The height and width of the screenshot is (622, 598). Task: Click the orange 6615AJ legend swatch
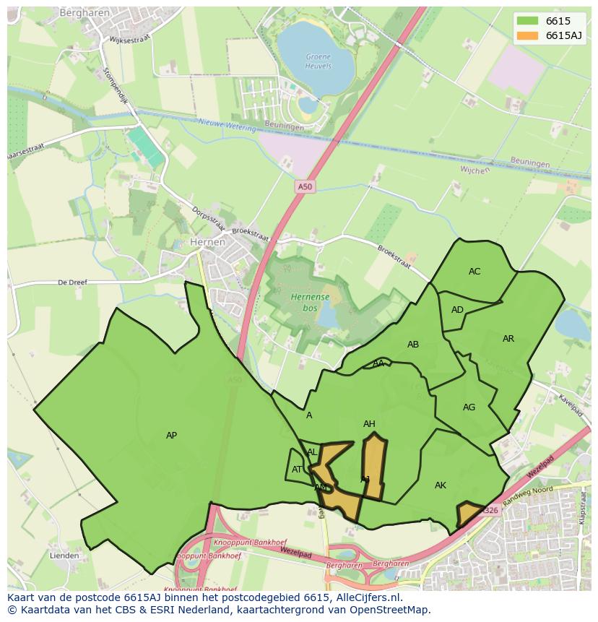pos(527,36)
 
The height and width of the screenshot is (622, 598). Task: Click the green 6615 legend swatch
pos(527,21)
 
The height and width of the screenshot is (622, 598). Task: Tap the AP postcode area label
pos(171,436)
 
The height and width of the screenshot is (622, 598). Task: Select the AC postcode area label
pos(474,272)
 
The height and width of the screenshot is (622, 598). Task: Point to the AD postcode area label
pos(457,310)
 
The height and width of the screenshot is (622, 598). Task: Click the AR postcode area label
pos(508,339)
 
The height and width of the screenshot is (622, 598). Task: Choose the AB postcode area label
pos(413,345)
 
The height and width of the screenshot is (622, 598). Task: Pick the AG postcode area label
pos(469,407)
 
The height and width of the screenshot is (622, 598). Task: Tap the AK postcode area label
pos(441,485)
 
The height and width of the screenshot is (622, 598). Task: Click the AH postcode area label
pos(369,424)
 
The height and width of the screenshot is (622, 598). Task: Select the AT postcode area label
pos(298,470)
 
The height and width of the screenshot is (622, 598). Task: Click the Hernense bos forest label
pos(311,302)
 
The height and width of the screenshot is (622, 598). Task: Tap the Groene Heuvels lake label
pos(318,61)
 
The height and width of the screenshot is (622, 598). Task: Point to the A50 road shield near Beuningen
pos(305,187)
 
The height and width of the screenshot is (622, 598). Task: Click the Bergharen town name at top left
pos(84,13)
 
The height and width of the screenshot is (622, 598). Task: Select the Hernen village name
pos(207,243)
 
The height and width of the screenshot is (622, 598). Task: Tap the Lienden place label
pos(64,556)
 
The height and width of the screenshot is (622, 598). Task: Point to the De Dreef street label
pos(72,282)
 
